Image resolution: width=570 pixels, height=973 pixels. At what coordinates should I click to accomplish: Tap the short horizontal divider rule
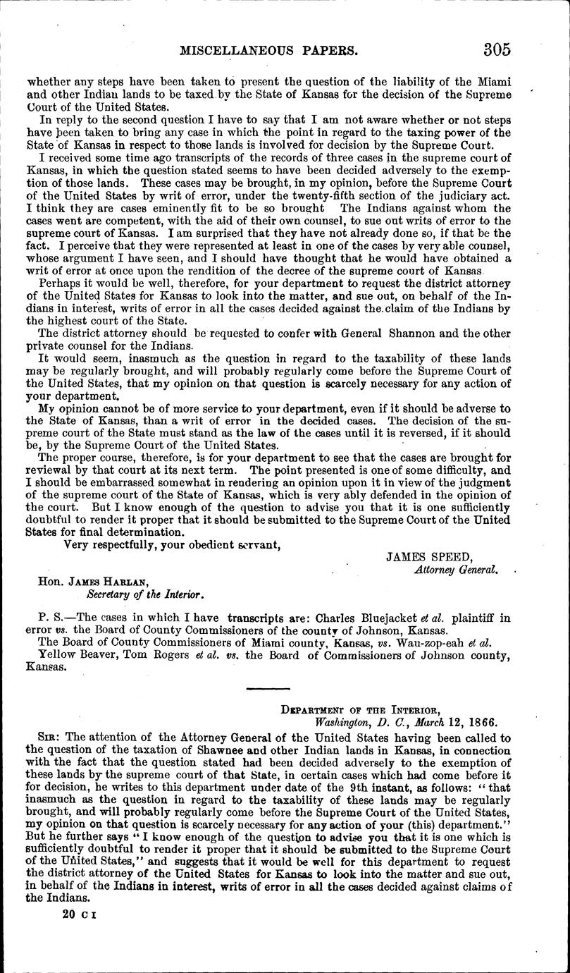point(267,687)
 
